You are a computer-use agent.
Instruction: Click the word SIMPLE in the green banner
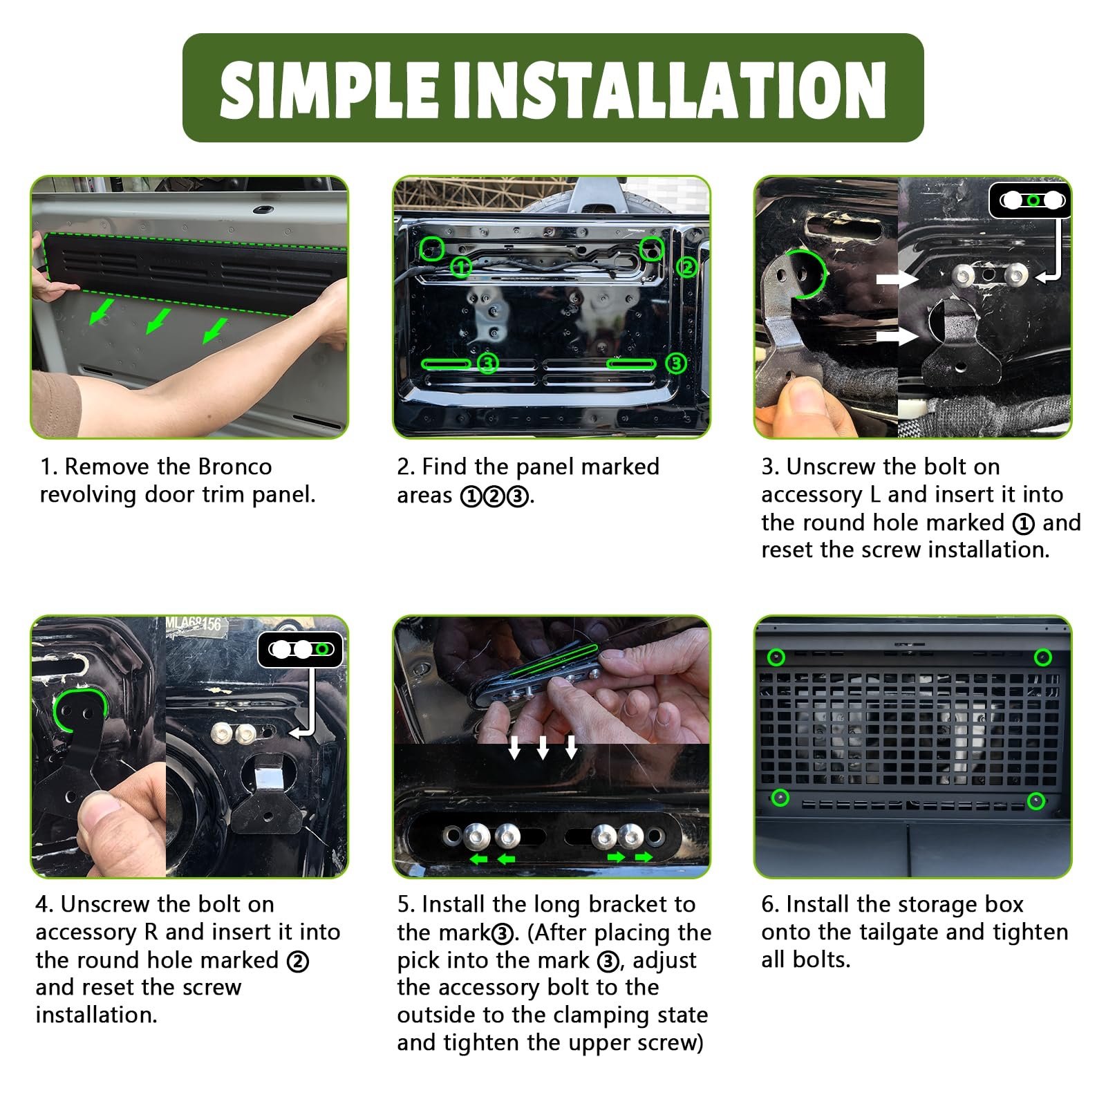(330, 89)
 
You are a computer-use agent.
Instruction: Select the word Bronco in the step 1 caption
(235, 467)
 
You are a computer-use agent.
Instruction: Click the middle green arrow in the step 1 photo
(159, 321)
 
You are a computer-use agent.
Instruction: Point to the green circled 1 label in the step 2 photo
(461, 266)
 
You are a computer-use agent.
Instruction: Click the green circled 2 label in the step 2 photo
(686, 266)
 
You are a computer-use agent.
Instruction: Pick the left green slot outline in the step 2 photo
(446, 364)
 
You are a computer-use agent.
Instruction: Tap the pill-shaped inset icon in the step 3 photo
(1031, 200)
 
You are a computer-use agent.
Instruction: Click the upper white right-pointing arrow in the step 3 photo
(897, 279)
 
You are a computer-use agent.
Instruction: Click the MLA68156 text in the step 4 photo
(194, 624)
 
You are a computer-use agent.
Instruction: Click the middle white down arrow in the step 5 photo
(543, 747)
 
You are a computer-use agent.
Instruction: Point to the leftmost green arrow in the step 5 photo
(478, 859)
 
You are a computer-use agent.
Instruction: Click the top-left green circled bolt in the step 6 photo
(776, 657)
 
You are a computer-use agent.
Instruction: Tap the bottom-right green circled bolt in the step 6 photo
(1035, 800)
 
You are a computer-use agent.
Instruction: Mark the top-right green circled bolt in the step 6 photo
(1042, 657)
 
